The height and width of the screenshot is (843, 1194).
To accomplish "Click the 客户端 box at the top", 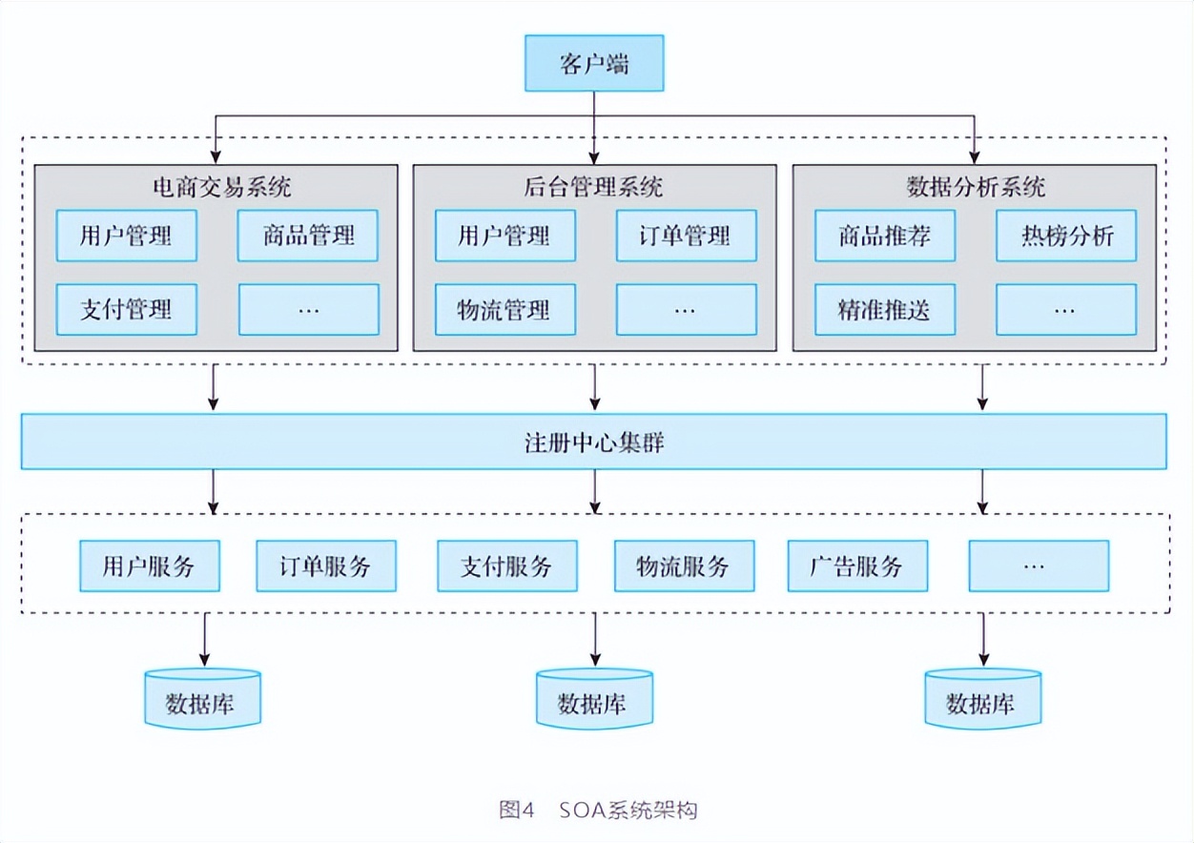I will (x=594, y=65).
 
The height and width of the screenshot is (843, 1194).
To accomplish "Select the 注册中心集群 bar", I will (x=594, y=442).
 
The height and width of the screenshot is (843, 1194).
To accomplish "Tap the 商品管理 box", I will (x=308, y=236).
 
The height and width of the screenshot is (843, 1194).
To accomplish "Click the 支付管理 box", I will (x=127, y=309).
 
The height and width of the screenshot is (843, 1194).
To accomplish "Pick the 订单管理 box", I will (x=686, y=236).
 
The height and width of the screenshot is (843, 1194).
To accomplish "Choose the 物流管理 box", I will (x=504, y=309).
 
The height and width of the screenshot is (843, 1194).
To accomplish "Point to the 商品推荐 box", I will (x=884, y=236).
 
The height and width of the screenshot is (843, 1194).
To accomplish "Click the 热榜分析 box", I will (x=1066, y=236).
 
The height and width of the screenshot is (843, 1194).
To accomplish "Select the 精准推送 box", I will (x=884, y=309).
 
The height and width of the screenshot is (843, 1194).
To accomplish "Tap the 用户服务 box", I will (x=149, y=566).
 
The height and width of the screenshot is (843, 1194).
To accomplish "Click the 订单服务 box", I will (x=325, y=566).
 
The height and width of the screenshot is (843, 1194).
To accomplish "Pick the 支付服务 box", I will (x=506, y=566).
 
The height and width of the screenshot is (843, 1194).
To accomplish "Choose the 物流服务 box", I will (x=684, y=566).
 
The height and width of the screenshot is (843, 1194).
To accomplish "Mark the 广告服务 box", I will (x=857, y=566).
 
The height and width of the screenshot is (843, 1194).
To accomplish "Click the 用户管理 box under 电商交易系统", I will (x=127, y=236).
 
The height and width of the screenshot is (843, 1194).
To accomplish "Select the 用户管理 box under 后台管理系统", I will (x=504, y=236).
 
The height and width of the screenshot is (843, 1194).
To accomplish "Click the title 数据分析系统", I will (x=974, y=186).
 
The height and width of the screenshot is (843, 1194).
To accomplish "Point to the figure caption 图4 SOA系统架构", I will (x=598, y=811).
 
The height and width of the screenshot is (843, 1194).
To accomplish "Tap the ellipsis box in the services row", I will (x=1039, y=566).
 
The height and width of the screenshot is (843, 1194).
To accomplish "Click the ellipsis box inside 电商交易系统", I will (x=308, y=309).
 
